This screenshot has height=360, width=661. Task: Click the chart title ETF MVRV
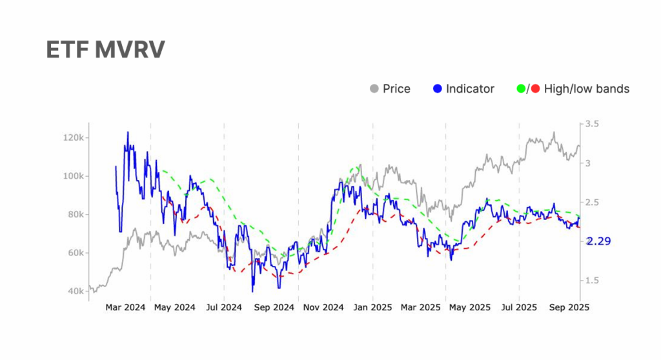[105, 50]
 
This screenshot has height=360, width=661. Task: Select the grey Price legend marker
[374, 88]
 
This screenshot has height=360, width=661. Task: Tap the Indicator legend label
[470, 88]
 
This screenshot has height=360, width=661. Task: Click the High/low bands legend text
[586, 88]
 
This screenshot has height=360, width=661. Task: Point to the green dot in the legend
[522, 88]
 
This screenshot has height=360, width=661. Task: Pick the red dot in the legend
[535, 88]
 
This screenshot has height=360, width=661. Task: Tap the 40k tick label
[75, 292]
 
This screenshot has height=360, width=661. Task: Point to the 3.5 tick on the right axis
[592, 123]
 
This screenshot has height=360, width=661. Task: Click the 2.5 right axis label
[592, 203]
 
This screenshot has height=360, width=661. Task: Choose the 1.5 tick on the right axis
[592, 281]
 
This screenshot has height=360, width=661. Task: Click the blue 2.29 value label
[598, 241]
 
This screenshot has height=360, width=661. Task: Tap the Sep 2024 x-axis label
[274, 308]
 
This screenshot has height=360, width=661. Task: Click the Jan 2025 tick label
[373, 308]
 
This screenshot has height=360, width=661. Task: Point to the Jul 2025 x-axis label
[518, 308]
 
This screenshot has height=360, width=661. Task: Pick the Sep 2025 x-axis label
[567, 308]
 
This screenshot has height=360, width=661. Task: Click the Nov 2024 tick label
[323, 308]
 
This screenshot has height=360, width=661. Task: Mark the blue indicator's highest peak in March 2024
[128, 132]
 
